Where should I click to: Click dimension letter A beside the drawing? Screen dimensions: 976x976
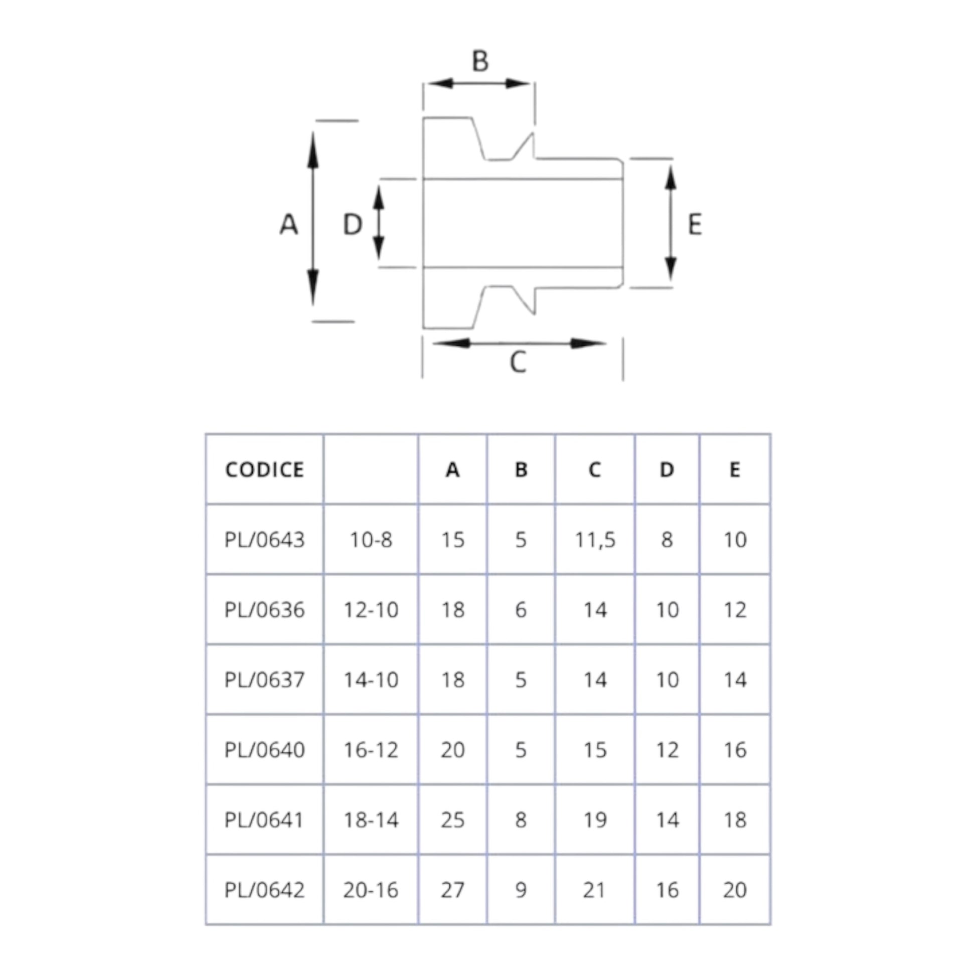tap(288, 224)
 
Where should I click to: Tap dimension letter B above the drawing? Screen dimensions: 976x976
tap(480, 61)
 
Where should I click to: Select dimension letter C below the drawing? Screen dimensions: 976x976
tap(518, 362)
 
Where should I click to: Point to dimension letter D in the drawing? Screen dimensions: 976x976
tap(353, 224)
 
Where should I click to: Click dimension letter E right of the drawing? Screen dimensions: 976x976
tap(695, 224)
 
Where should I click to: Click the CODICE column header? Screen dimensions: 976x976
tap(265, 470)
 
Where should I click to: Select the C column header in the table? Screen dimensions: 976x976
tap(595, 470)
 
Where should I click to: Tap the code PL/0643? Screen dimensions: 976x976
tap(265, 540)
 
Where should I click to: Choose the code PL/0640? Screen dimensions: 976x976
tap(265, 750)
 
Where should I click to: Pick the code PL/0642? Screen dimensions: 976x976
tap(265, 890)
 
